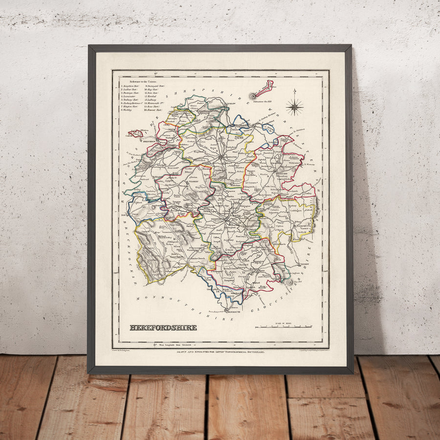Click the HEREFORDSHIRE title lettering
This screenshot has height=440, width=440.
[x=163, y=327]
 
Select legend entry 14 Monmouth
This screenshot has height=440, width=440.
[x=156, y=103]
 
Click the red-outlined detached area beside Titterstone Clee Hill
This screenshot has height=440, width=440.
[x=264, y=88]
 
